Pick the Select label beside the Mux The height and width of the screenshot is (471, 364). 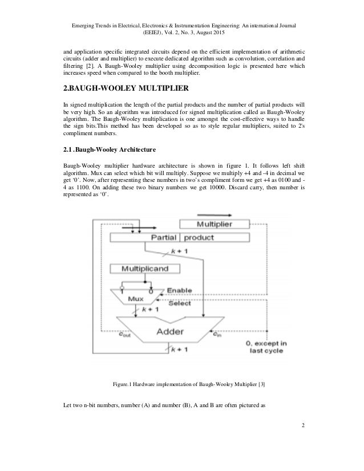[179, 303]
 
